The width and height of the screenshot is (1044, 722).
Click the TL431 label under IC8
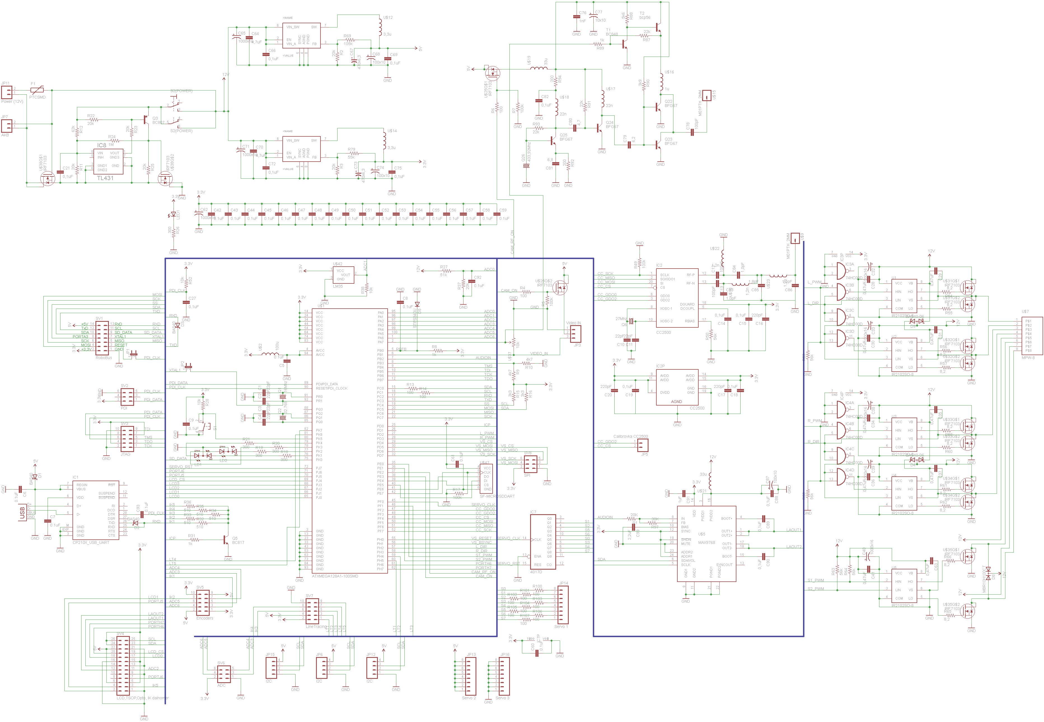pos(105,178)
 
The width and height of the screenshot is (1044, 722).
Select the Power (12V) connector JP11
pos(6,93)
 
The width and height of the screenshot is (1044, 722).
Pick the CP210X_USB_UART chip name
pos(91,542)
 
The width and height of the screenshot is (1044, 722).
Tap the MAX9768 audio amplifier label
pos(707,542)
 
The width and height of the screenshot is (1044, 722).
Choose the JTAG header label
pos(125,454)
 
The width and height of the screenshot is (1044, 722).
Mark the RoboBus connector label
pos(104,358)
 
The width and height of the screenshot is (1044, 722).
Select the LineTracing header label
pos(316,626)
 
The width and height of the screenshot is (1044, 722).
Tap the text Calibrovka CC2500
pos(631,437)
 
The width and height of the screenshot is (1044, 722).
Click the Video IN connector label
pos(573,323)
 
